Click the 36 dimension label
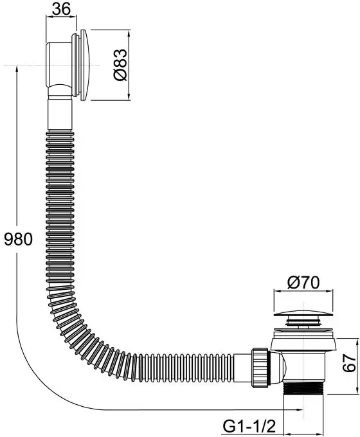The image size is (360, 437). click(x=61, y=9)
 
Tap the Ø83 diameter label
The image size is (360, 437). click(x=121, y=65)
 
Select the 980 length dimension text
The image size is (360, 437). click(x=19, y=239)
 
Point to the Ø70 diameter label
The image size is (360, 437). click(x=303, y=283)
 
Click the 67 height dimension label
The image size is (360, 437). click(x=350, y=363)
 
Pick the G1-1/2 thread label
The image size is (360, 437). click(x=249, y=426)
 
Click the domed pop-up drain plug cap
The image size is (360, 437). click(x=303, y=313)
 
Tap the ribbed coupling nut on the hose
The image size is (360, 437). click(x=261, y=368)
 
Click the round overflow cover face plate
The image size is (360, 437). click(x=85, y=65)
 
